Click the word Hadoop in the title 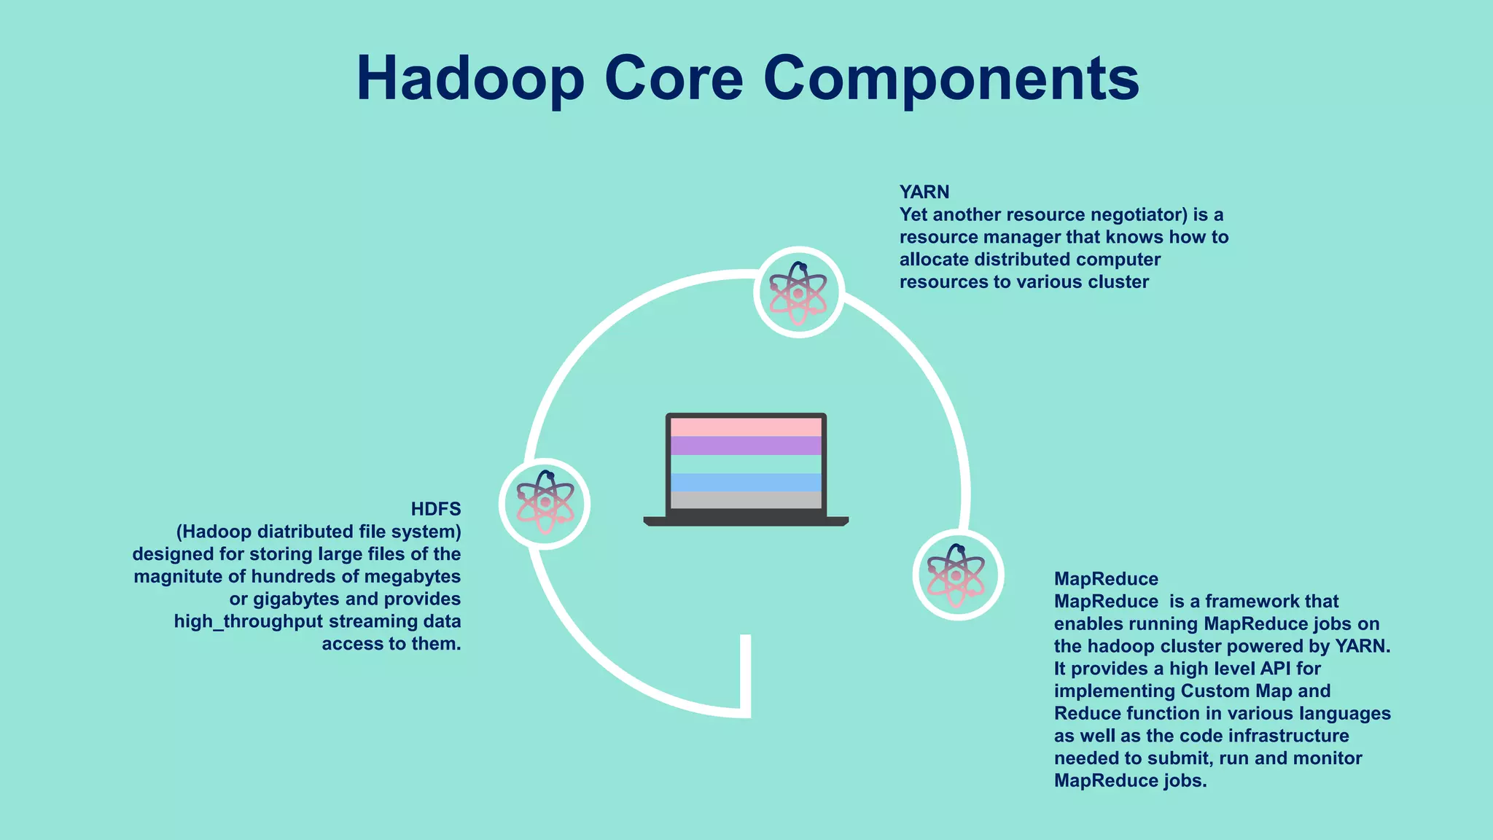[x=470, y=79]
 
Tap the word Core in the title [x=674, y=79]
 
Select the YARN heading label [x=924, y=192]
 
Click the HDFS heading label [x=435, y=509]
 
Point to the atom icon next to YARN [x=798, y=292]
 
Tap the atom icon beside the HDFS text [x=545, y=503]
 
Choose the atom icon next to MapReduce [x=958, y=575]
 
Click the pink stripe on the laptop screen [x=746, y=427]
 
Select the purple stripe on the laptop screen [x=746, y=446]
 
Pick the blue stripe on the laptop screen [x=746, y=482]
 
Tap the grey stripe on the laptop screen [x=746, y=500]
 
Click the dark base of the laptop [x=746, y=521]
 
